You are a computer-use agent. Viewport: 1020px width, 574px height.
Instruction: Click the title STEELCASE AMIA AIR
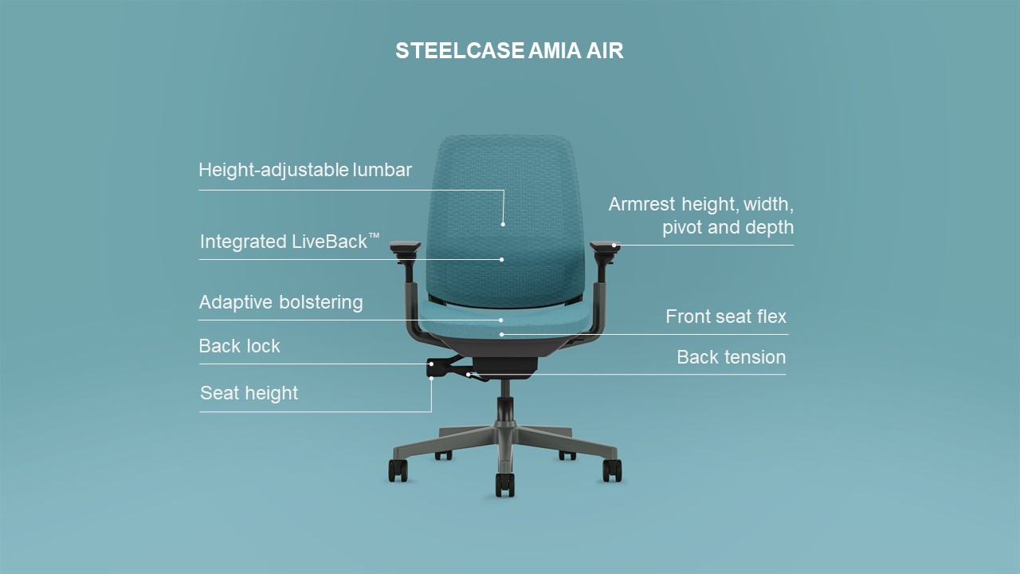[509, 51]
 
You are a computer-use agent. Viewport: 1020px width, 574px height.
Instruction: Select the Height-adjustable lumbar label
[305, 170]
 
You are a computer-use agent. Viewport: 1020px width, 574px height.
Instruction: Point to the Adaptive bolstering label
[280, 303]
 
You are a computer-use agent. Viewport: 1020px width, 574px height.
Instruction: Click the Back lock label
[239, 346]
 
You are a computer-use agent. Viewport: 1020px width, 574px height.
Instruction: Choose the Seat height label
[249, 393]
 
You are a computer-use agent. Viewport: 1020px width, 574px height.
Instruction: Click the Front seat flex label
[725, 316]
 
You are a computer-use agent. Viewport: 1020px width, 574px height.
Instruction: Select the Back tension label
[731, 357]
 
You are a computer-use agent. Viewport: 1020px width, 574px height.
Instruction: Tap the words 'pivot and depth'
[728, 227]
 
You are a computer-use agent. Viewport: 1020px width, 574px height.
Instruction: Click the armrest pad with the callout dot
[605, 247]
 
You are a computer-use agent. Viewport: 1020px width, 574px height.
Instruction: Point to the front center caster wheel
[504, 483]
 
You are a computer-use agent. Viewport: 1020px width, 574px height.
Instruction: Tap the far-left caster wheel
[398, 470]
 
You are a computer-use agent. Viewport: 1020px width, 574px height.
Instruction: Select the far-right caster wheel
[612, 470]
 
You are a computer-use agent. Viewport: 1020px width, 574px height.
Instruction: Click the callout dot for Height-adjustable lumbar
[503, 224]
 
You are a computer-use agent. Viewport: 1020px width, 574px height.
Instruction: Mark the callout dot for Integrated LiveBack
[502, 259]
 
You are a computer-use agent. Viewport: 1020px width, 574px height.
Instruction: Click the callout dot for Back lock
[431, 364]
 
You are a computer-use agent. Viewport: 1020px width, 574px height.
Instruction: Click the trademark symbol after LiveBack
[374, 237]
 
